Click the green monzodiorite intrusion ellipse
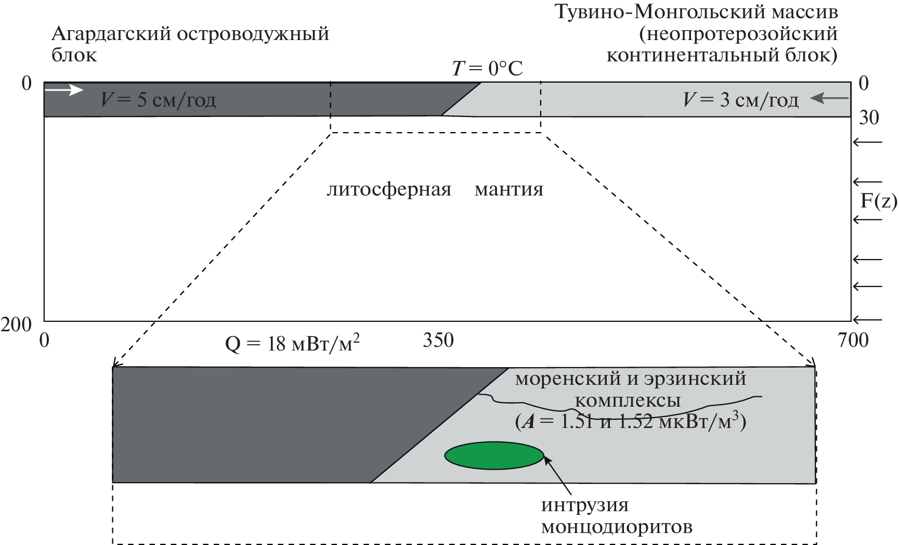point(494,456)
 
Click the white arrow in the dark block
point(67,90)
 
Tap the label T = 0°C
point(487,69)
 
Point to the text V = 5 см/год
point(158,99)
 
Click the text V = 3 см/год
point(740,99)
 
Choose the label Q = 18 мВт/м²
point(293,344)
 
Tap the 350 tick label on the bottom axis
point(438,340)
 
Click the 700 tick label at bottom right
point(853,340)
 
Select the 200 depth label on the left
point(16,325)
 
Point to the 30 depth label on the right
point(868,118)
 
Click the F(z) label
point(879,201)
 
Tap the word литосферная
point(389,189)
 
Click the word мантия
point(509,189)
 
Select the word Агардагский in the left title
point(111,34)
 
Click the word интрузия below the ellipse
point(585,505)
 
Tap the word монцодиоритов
point(617,527)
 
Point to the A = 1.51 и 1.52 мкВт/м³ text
point(631,421)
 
